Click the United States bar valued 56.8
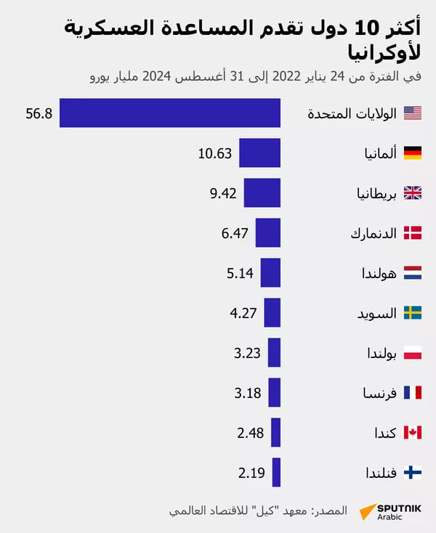[170, 113]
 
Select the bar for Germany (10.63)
[259, 153]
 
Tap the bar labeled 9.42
[262, 193]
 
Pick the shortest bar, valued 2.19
[276, 473]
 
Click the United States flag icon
[413, 113]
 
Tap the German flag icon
[413, 153]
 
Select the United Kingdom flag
[413, 193]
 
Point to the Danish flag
[413, 233]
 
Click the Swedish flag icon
[413, 313]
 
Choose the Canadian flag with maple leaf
[413, 433]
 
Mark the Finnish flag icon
[413, 473]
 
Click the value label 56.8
[39, 113]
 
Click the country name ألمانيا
[381, 153]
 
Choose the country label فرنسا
[381, 394]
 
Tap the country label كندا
[385, 434]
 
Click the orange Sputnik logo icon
[366, 510]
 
